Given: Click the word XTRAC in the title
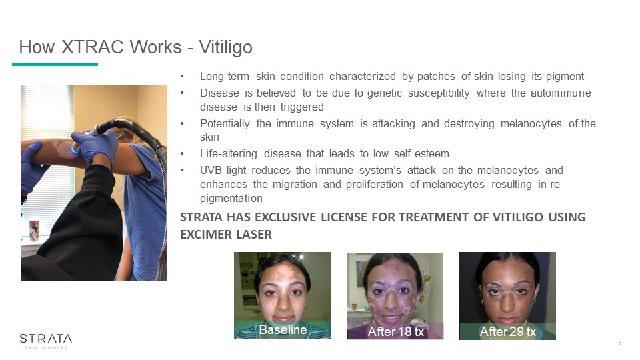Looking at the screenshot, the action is [93, 47].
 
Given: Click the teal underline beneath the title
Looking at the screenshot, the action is [55, 64].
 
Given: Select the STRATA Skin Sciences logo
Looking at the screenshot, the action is [46, 341].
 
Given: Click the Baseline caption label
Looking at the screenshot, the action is [283, 329].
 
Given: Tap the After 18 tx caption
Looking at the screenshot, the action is [396, 331].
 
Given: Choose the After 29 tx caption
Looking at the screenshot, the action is [508, 331].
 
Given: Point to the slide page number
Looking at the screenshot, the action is [620, 343].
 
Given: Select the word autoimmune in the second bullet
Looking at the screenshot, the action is [561, 93].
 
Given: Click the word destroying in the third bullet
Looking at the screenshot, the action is [469, 124].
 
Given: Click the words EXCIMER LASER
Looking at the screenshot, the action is [226, 235].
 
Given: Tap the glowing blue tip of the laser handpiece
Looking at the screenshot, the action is [74, 150].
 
